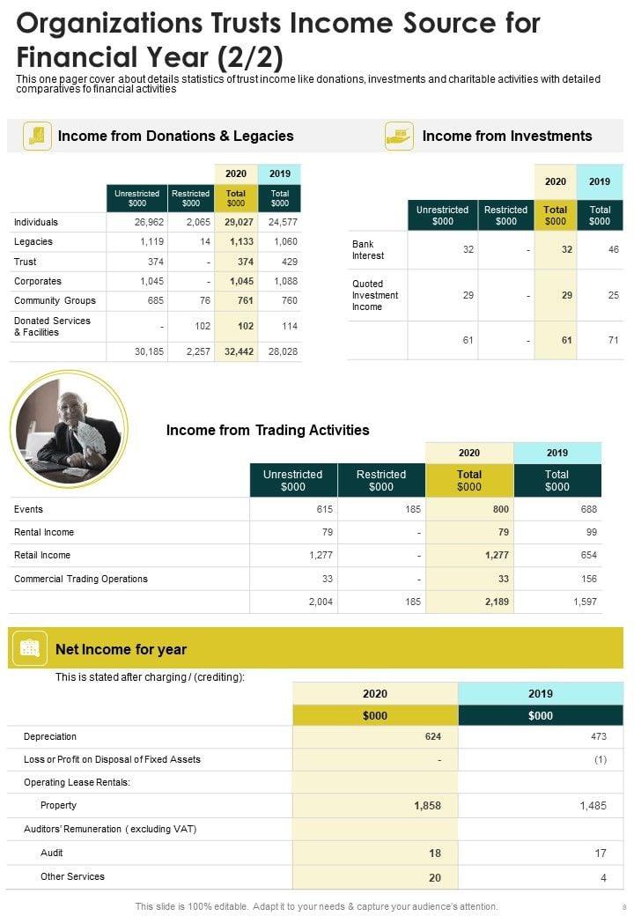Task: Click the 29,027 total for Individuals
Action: pyautogui.click(x=239, y=222)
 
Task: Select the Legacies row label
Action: pyautogui.click(x=33, y=241)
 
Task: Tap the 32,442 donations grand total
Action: pyautogui.click(x=239, y=351)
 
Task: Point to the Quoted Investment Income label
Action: pyautogui.click(x=375, y=295)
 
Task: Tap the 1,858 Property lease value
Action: pyautogui.click(x=427, y=805)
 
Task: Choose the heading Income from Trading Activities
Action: pyautogui.click(x=268, y=430)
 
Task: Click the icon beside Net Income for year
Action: pyautogui.click(x=29, y=649)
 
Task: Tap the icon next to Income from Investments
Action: pyautogui.click(x=399, y=136)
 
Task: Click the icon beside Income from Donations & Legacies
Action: pyautogui.click(x=37, y=136)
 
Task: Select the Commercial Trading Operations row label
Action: pyautogui.click(x=81, y=579)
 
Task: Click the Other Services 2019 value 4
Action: pyautogui.click(x=603, y=877)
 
